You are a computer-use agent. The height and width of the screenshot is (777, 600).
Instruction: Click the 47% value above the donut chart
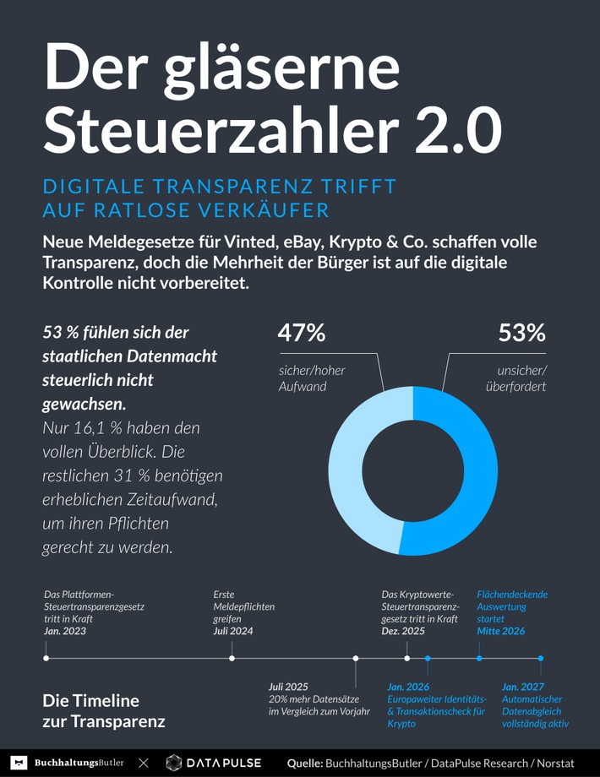[x=302, y=334]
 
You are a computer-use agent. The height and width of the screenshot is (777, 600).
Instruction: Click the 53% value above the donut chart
[x=521, y=334]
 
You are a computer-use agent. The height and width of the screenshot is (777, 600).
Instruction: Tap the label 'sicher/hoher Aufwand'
[x=312, y=378]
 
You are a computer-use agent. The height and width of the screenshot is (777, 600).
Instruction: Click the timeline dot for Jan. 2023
[x=46, y=658]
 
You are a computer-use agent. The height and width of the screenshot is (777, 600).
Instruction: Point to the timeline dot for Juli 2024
[x=232, y=658]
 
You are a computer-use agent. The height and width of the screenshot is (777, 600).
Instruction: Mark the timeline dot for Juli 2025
[x=356, y=658]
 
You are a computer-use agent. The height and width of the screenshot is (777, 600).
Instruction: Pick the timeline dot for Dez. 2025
[x=407, y=658]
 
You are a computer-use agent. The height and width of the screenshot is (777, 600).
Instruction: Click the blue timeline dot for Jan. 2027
[x=541, y=658]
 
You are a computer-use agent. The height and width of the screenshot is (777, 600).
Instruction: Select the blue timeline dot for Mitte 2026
[x=479, y=658]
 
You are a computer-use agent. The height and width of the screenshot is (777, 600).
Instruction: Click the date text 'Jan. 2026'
[x=408, y=687]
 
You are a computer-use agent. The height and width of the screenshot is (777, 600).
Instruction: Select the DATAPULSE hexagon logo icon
[x=174, y=763]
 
